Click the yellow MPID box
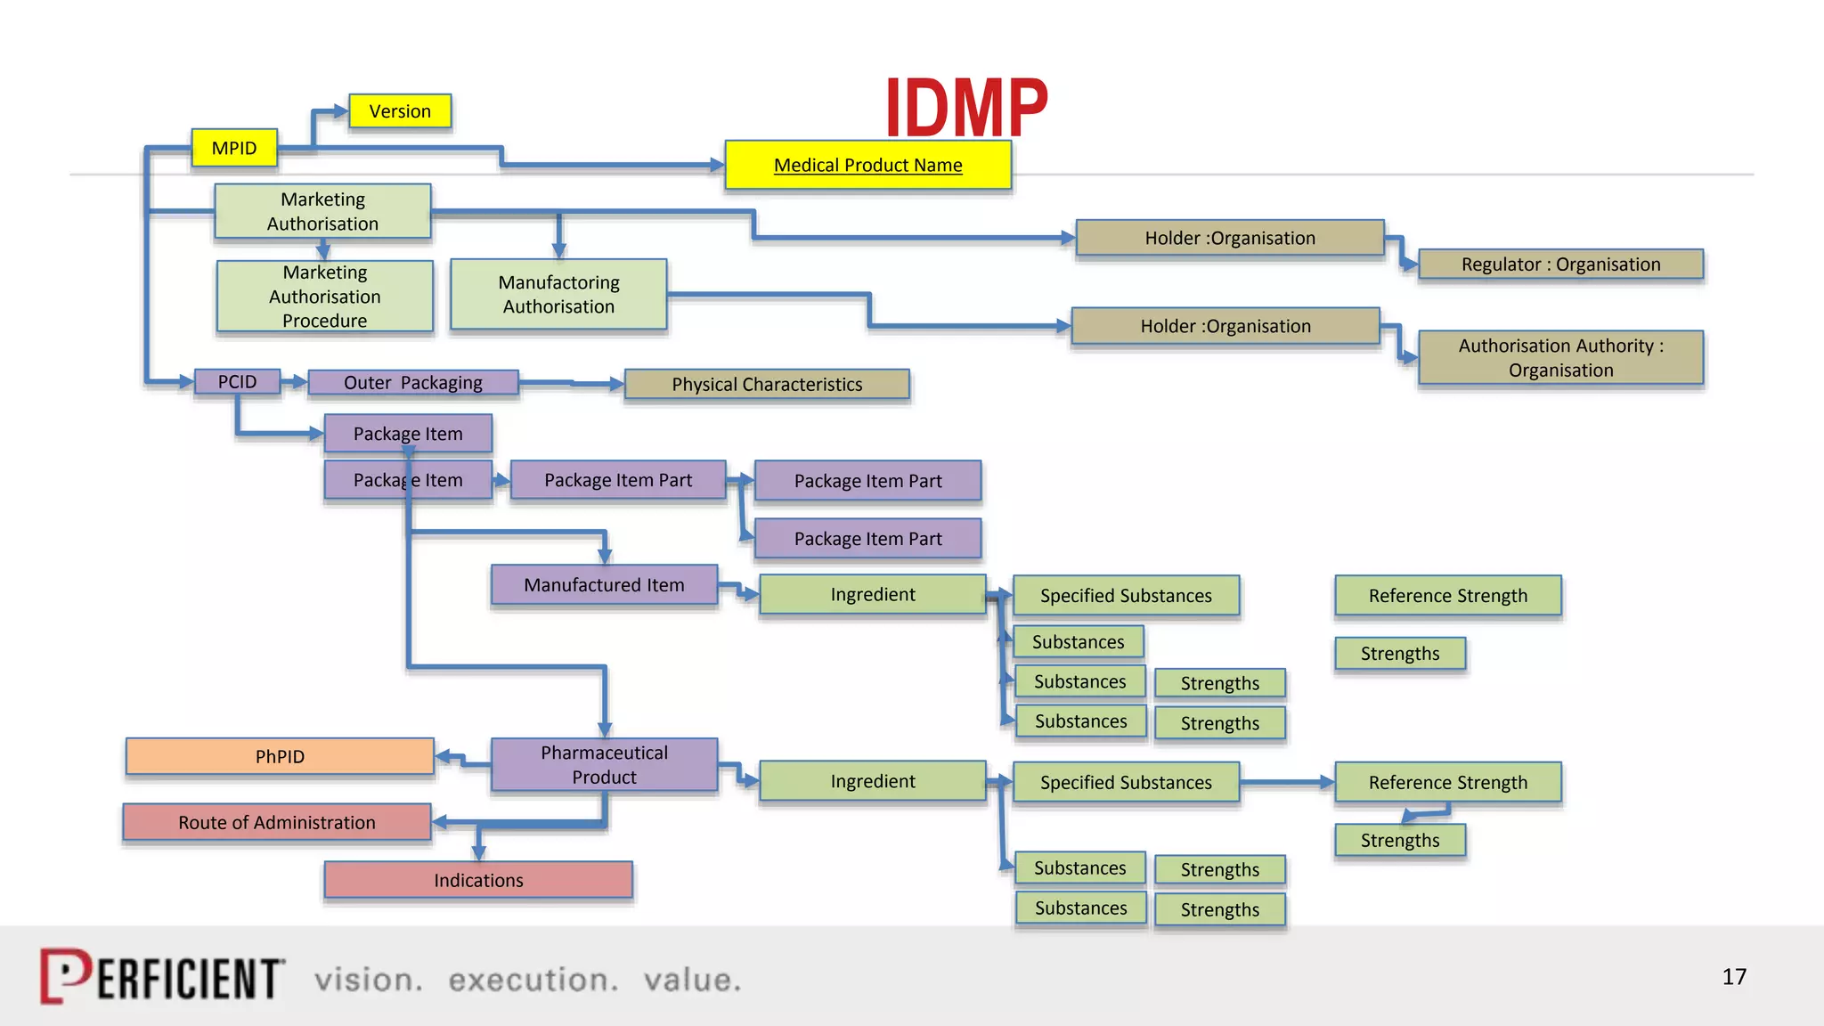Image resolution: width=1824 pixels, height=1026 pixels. pos(234,148)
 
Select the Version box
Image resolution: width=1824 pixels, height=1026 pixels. pos(400,111)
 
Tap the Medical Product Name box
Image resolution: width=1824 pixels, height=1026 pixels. pos(867,165)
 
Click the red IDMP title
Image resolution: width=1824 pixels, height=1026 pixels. pos(966,106)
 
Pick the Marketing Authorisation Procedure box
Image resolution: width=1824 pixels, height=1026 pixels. pos(325,296)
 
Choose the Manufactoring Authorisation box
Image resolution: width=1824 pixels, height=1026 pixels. pos(558,294)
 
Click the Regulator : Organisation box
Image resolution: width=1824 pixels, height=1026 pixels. pos(1560,265)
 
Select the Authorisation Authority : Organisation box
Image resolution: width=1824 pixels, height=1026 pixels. pos(1560,357)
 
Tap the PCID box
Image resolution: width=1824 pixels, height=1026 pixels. pos(237,382)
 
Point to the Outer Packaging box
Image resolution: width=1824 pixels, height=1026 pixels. pos(413,383)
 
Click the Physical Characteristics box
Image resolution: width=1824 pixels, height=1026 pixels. pos(767,384)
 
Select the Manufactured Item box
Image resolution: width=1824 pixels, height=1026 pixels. pos(604,585)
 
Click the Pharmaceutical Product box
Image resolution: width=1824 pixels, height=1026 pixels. pos(604,764)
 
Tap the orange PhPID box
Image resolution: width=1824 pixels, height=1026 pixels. pos(280,756)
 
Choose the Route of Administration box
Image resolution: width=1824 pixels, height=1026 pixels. pos(277,822)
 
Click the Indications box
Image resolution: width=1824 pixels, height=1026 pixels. pos(478,880)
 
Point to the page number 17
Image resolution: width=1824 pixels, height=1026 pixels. pos(1733,977)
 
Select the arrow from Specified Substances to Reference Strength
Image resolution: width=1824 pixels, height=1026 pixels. pos(1286,782)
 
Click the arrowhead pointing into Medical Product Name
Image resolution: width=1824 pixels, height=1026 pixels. pos(717,165)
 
